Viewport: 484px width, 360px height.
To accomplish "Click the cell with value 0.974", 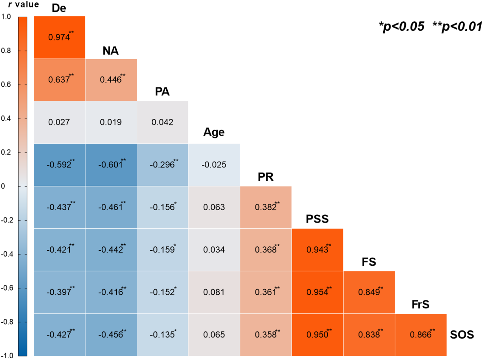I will (60, 37).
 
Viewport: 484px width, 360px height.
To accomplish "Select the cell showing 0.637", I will (60, 80).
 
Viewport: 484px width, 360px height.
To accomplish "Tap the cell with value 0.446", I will (111, 80).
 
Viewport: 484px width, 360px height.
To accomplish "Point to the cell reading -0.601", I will (111, 165).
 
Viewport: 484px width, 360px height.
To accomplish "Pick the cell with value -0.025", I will (214, 165).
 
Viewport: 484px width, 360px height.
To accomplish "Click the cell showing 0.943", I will (317, 250).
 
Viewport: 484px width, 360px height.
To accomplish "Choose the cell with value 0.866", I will (421, 335).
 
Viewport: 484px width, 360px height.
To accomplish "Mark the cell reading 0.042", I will (163, 122).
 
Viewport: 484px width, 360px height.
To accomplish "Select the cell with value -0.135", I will (163, 335).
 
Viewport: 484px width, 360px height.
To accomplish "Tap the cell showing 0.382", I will (266, 207).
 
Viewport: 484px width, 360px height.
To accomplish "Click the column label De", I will (59, 8).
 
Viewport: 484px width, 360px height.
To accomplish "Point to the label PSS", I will (317, 219).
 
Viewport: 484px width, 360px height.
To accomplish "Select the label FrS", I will (420, 304).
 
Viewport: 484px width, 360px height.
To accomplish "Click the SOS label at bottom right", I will (462, 335).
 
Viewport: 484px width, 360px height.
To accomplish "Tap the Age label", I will (214, 132).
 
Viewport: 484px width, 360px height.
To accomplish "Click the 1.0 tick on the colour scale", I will (6, 17).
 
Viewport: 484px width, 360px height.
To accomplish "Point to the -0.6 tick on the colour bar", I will (7, 288).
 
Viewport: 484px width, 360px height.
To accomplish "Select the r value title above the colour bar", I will (23, 4).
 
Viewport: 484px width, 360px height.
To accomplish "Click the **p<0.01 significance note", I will (457, 27).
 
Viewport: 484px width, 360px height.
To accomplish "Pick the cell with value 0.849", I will (369, 292).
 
